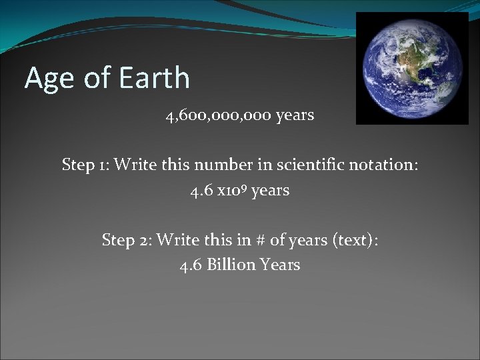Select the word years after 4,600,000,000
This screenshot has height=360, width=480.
click(295, 115)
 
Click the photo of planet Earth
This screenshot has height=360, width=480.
click(411, 68)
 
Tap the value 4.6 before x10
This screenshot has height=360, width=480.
click(201, 191)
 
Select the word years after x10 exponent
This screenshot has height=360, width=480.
click(271, 191)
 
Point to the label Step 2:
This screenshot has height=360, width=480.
click(126, 239)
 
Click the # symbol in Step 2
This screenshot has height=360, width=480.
click(259, 239)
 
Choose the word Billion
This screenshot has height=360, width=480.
click(231, 265)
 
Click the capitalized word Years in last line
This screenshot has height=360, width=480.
click(280, 265)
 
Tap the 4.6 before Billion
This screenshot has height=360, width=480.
click(191, 265)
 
